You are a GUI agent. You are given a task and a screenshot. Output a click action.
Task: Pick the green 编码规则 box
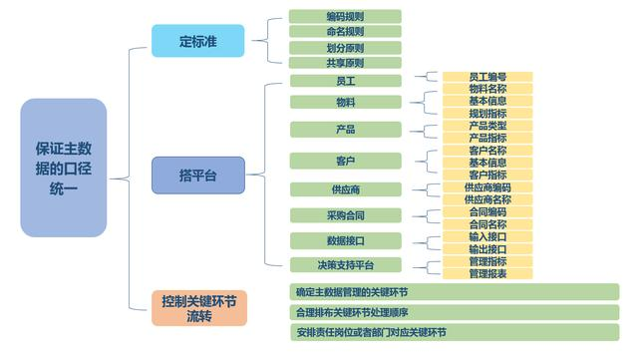345,17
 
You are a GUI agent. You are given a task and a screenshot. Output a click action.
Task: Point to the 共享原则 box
345,63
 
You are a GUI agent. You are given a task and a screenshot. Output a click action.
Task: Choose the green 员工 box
346,80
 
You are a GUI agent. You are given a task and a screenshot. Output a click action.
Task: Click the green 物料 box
346,103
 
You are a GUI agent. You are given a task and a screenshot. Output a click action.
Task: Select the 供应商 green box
346,189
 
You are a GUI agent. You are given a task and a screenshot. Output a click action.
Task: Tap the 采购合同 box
346,215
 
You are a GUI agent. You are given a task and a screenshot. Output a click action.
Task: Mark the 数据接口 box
346,240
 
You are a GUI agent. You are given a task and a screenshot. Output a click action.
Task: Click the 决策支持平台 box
346,265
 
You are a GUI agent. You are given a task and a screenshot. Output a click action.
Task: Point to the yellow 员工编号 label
487,77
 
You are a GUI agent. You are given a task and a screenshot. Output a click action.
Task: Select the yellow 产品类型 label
487,126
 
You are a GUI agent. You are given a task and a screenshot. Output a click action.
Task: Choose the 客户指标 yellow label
487,175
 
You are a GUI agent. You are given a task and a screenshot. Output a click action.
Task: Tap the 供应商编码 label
487,187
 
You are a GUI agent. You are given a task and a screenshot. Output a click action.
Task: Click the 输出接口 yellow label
487,248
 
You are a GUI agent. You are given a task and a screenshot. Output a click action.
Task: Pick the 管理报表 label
487,273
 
